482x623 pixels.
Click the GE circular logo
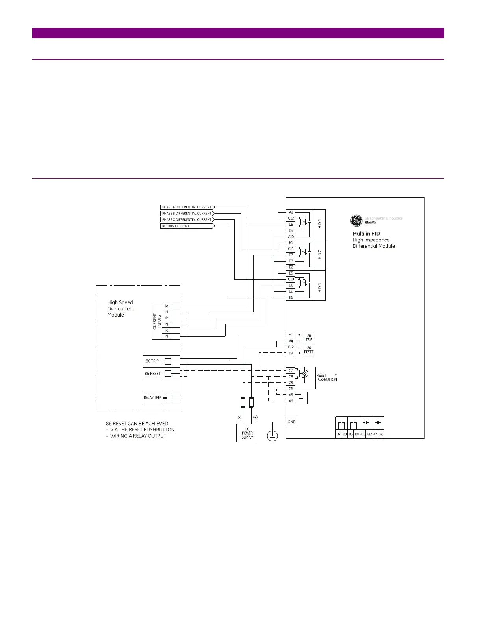coord(356,221)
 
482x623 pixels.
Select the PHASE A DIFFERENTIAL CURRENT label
coord(187,207)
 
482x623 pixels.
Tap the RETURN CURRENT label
coord(187,226)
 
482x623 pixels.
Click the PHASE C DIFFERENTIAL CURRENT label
coord(187,220)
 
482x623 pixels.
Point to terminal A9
coord(291,212)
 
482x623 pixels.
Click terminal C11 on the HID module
coord(291,249)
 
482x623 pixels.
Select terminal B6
coord(291,298)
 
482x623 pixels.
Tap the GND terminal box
coord(291,422)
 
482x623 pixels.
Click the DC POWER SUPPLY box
coord(247,433)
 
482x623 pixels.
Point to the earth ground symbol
coord(272,436)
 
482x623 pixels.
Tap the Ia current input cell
coord(167,306)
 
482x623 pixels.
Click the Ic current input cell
coord(167,330)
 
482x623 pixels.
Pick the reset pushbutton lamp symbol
coord(304,373)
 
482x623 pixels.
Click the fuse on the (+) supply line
coord(252,402)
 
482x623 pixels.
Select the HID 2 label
coord(320,254)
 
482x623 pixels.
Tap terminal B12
coord(291,347)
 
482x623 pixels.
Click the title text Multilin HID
coord(366,234)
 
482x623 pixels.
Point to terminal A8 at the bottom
coord(381,434)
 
